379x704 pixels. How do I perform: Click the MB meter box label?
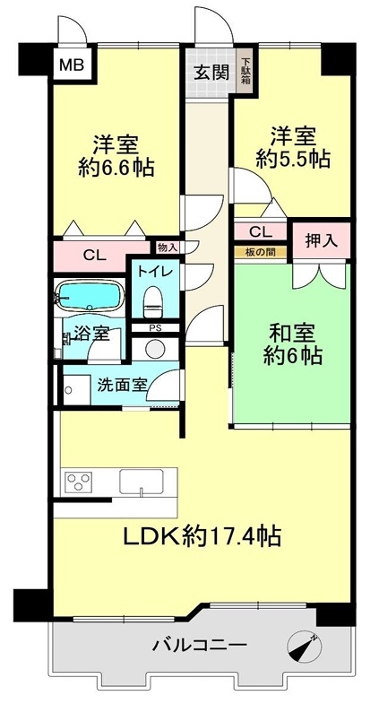(72, 65)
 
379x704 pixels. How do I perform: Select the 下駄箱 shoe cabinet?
(245, 72)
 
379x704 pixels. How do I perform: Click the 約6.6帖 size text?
(116, 169)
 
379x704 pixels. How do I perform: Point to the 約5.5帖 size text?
(293, 159)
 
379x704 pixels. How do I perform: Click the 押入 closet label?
(321, 241)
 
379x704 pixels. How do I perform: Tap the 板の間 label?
(261, 252)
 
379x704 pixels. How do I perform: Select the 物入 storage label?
(168, 247)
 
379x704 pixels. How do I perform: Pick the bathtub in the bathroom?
(90, 295)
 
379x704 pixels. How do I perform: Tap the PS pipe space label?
(155, 327)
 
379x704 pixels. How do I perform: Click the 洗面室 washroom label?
(122, 386)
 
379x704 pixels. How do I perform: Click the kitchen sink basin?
(142, 482)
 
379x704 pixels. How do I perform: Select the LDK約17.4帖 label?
(202, 535)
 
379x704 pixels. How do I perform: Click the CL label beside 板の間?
(261, 232)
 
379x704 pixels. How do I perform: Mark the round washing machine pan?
(155, 349)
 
